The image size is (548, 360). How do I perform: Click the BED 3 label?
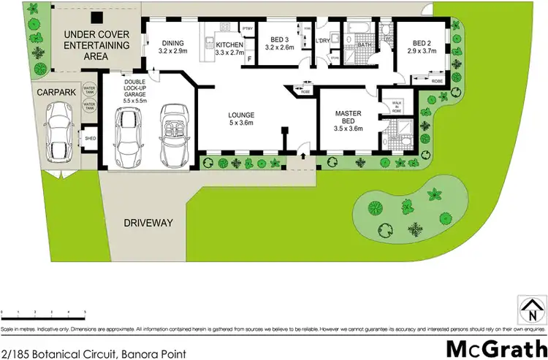[277, 42]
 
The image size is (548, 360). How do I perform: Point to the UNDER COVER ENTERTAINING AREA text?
[97, 45]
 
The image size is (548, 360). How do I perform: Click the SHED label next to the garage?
[91, 137]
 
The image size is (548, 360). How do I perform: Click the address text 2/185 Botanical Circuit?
[92, 353]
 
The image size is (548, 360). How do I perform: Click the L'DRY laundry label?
[324, 40]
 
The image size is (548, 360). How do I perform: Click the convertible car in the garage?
[173, 134]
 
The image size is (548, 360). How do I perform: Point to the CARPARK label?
[56, 93]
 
